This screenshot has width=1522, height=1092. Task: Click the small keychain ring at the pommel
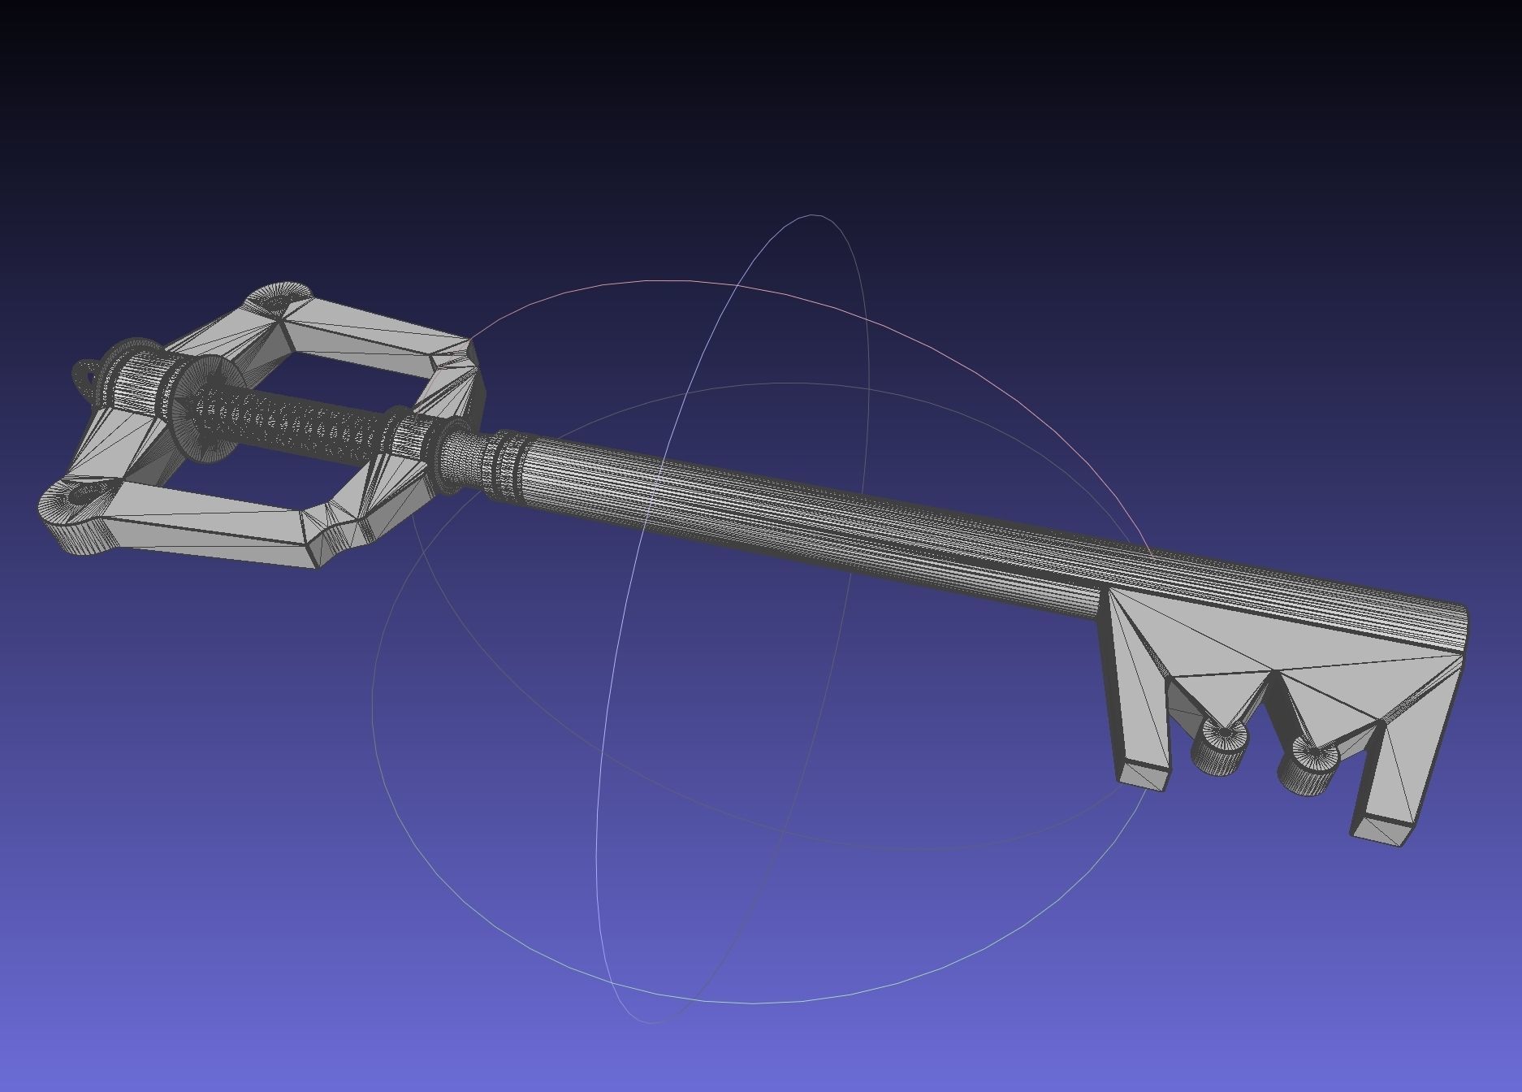click(x=85, y=377)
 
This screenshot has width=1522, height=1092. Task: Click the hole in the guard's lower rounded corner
click(x=81, y=493)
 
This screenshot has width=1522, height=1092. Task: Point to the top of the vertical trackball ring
click(x=815, y=216)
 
